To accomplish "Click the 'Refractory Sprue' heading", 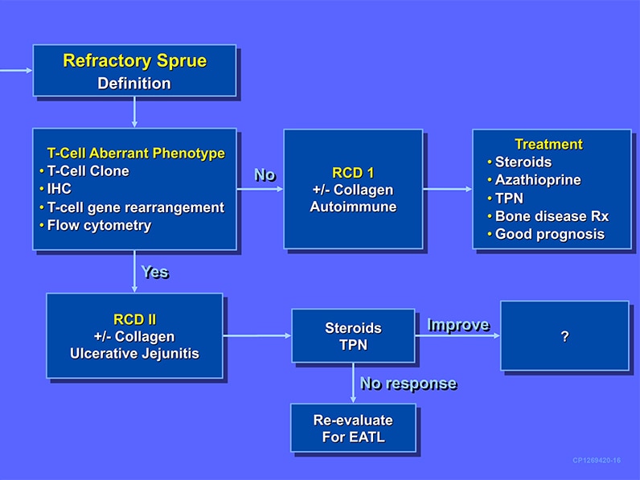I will tap(134, 61).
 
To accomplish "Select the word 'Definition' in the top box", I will tap(134, 83).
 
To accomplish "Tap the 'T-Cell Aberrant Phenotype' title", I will tap(136, 153).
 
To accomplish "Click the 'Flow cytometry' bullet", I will tap(99, 225).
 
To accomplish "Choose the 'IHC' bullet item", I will tap(59, 189).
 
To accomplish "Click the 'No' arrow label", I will tap(265, 174).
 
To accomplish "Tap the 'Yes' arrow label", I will tap(154, 272).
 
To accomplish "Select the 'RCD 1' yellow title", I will tap(353, 172).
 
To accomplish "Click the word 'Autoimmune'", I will tap(353, 207).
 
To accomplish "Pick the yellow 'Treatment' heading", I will tap(548, 145).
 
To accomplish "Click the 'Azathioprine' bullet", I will tap(537, 180).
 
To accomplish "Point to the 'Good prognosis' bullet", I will tap(549, 235).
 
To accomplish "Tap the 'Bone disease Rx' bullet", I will tap(552, 216).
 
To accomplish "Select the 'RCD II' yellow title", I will tap(133, 318).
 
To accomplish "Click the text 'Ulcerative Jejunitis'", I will tap(133, 353).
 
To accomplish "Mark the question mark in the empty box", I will tap(564, 337).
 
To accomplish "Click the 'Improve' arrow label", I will tap(457, 325).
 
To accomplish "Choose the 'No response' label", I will tap(408, 384).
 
